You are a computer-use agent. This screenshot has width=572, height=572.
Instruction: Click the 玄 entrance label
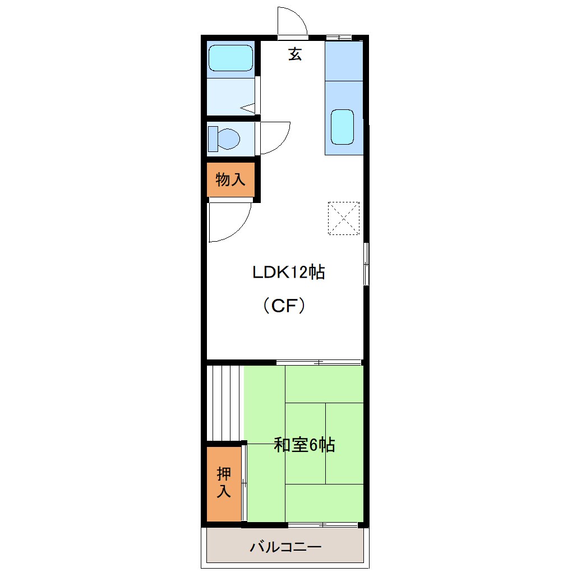click(x=295, y=54)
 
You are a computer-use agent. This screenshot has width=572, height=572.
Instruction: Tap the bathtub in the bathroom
click(x=230, y=58)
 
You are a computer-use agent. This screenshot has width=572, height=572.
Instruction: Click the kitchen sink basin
click(x=342, y=126)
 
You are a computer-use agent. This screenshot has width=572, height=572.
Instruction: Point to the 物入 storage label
click(x=230, y=180)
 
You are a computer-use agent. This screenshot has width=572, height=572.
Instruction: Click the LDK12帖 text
click(x=288, y=273)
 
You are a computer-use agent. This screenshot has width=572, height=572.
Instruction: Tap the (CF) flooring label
click(x=284, y=306)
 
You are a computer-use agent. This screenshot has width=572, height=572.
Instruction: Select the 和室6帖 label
click(x=305, y=445)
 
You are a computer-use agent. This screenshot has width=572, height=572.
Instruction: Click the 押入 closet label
click(x=224, y=483)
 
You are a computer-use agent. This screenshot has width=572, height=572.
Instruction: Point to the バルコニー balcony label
click(x=285, y=546)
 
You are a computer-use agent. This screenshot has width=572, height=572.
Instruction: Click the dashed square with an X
click(x=343, y=218)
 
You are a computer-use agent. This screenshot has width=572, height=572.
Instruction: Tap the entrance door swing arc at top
click(x=292, y=21)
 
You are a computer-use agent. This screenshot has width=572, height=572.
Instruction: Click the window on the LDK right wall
click(x=366, y=264)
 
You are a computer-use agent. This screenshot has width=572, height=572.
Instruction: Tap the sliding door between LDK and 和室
click(x=319, y=362)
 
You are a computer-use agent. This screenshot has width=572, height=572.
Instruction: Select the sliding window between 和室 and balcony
click(x=323, y=525)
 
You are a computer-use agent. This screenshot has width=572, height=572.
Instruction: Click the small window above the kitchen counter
click(x=339, y=38)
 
